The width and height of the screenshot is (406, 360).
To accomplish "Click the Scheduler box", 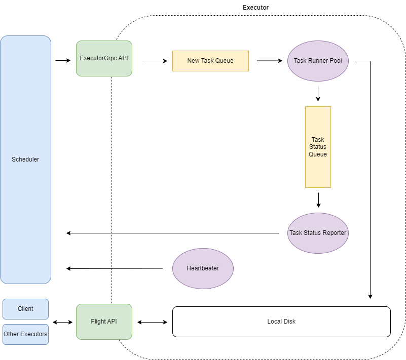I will (x=25, y=159).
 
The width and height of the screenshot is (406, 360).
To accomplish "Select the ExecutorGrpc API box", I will (x=104, y=58).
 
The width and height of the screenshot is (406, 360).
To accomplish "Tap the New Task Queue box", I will (x=210, y=61).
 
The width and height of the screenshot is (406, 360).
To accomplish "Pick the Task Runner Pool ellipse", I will (x=318, y=61).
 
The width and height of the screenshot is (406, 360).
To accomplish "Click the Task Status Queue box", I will (x=318, y=147).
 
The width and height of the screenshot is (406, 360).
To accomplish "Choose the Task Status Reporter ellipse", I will (x=318, y=233).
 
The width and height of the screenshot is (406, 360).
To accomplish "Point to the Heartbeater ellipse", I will (x=203, y=268).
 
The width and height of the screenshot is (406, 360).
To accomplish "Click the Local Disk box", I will (x=281, y=322).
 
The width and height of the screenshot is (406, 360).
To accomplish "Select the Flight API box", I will (x=104, y=322).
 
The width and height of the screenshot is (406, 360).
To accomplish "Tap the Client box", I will (x=25, y=309).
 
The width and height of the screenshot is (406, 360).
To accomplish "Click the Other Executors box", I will (x=25, y=334).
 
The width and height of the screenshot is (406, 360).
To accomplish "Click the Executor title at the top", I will (x=255, y=8).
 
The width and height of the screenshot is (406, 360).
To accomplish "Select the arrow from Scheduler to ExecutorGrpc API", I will (x=63, y=61).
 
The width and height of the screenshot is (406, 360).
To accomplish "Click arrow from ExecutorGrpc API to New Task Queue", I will (x=155, y=61).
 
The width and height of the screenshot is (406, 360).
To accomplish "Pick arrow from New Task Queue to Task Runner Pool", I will (x=269, y=61).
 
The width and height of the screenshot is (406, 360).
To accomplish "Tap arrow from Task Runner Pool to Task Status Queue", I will (x=318, y=94).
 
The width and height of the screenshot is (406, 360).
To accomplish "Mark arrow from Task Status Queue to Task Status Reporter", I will (x=318, y=199).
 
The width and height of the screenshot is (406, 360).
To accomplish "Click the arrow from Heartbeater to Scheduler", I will (x=115, y=268).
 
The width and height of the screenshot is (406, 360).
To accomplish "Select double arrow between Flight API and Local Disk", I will (x=152, y=322).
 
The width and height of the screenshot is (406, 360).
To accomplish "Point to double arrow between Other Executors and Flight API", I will (x=62, y=322).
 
